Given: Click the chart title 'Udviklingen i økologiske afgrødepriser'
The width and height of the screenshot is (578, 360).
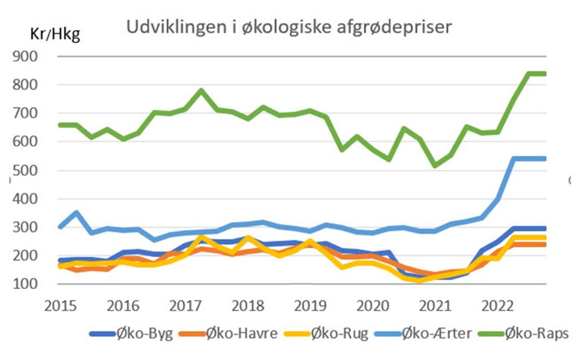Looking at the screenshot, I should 288,28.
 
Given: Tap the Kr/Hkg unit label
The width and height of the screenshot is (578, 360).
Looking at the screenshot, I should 55,34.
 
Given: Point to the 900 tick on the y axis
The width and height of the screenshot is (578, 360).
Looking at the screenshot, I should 37,57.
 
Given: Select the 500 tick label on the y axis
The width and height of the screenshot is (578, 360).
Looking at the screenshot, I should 37,170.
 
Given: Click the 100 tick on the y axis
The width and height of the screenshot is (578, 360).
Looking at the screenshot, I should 37,284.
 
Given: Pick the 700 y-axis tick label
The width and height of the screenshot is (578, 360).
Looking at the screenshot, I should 37,113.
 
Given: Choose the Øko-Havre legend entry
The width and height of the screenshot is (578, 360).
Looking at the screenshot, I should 240,334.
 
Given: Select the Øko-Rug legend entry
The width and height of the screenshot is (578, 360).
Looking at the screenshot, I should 341,334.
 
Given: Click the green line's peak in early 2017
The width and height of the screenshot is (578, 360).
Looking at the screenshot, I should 201,91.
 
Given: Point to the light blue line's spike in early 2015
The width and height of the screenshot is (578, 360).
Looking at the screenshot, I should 76,212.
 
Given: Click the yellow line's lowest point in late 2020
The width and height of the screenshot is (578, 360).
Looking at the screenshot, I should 420,280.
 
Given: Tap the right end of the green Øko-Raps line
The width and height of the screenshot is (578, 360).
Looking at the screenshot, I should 544,73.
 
